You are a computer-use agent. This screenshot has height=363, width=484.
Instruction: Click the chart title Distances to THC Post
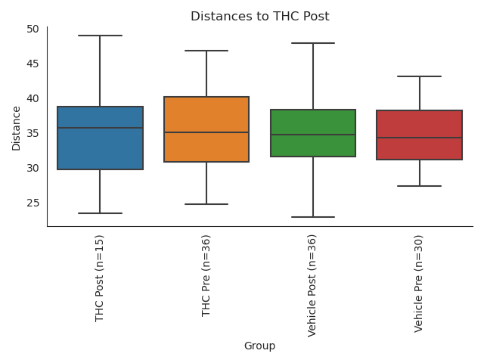point(259,17)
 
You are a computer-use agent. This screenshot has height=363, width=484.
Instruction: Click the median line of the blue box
point(100,128)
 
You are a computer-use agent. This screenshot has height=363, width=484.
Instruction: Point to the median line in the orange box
point(206,132)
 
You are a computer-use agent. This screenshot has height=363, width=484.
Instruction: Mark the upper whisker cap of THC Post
point(100,36)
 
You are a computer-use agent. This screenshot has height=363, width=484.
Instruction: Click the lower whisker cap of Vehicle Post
point(313,217)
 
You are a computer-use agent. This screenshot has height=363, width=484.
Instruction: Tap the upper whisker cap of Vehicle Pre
point(420,76)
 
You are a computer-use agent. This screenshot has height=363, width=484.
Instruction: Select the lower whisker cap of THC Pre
point(206,204)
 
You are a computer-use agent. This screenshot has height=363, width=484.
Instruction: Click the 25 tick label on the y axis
point(33,203)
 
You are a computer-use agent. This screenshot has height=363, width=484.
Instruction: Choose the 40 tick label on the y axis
point(33,98)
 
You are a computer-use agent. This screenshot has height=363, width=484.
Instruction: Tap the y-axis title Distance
point(16,127)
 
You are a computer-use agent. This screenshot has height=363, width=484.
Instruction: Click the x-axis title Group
point(259,346)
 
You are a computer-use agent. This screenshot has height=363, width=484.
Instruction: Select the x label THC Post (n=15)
point(100,278)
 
